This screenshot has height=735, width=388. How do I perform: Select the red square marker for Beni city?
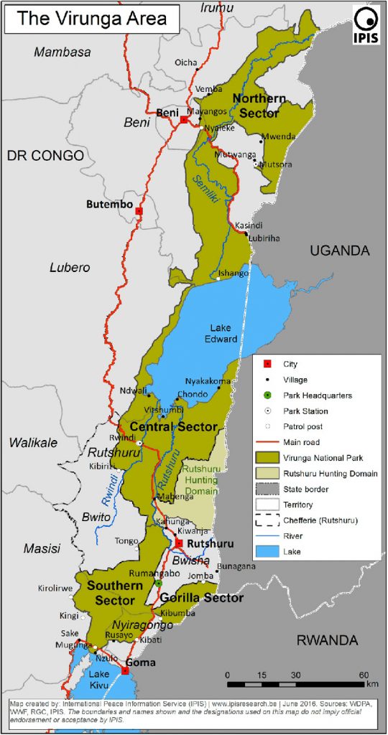click(184, 120)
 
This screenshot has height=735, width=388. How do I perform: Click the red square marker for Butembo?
click(139, 211)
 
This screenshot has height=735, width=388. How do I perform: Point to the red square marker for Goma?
click(126, 671)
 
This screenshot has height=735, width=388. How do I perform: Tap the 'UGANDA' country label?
click(340, 251)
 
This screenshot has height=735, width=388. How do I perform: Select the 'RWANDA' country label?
click(327, 640)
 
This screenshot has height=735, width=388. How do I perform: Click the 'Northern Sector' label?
click(259, 106)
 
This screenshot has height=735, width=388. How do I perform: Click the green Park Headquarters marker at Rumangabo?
click(158, 584)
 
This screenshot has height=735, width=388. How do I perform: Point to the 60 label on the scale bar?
click(364, 675)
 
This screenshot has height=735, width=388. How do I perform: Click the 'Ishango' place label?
click(234, 273)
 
